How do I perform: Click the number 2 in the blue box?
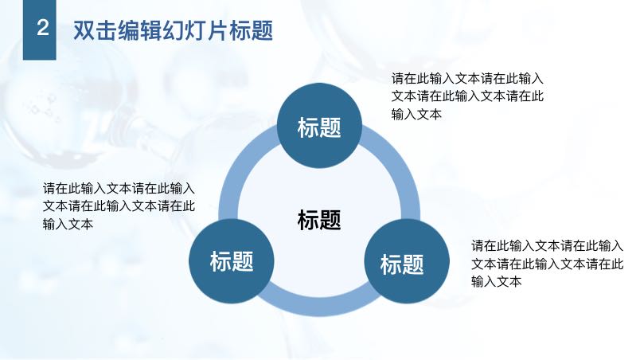click(x=43, y=28)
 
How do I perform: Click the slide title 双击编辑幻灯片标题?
click(x=173, y=30)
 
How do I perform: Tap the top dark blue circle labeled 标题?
click(x=319, y=126)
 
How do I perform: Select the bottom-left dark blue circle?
click(x=232, y=260)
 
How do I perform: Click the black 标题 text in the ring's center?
click(x=319, y=220)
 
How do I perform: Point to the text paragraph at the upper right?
click(x=467, y=96)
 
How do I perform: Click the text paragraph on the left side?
click(x=119, y=206)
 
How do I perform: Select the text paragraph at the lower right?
click(x=548, y=264)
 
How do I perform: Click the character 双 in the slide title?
click(x=84, y=30)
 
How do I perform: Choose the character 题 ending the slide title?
click(x=262, y=30)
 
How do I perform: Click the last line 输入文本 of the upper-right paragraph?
click(x=417, y=114)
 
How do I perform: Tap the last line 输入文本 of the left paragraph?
click(x=68, y=224)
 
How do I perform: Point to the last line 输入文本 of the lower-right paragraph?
click(x=497, y=282)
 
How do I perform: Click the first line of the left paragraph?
click(x=119, y=188)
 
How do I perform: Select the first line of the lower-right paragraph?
click(x=548, y=246)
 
